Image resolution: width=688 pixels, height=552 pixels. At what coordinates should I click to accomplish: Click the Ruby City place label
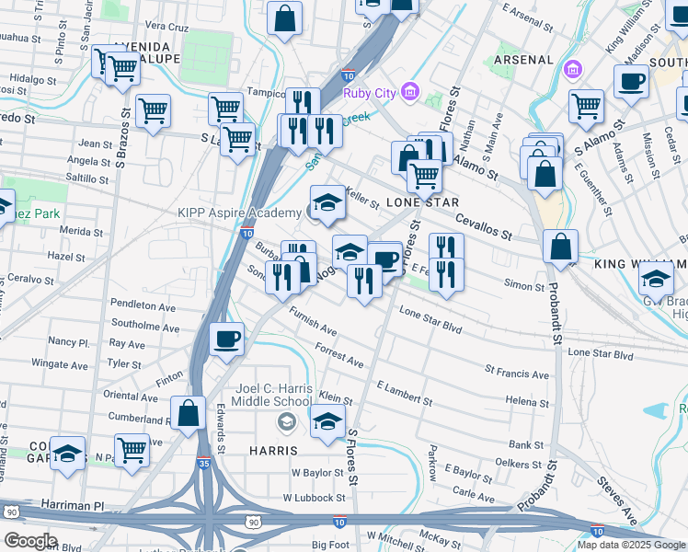[370, 93]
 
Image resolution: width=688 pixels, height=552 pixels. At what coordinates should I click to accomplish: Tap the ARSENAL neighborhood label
[523, 60]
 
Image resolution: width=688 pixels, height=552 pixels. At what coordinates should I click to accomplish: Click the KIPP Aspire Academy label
[239, 213]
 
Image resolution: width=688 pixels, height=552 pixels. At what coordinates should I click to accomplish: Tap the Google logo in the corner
[29, 541]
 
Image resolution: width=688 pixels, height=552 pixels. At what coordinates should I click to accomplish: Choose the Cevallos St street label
[484, 227]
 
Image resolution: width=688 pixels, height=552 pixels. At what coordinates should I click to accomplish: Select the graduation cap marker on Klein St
[327, 422]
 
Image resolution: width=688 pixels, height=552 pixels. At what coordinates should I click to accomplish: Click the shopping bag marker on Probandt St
[560, 247]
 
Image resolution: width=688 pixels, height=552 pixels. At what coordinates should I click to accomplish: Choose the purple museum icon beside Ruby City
[409, 92]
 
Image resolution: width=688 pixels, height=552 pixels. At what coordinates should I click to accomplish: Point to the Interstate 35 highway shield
[202, 462]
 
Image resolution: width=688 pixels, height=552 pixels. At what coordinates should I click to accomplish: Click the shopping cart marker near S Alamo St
[586, 107]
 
